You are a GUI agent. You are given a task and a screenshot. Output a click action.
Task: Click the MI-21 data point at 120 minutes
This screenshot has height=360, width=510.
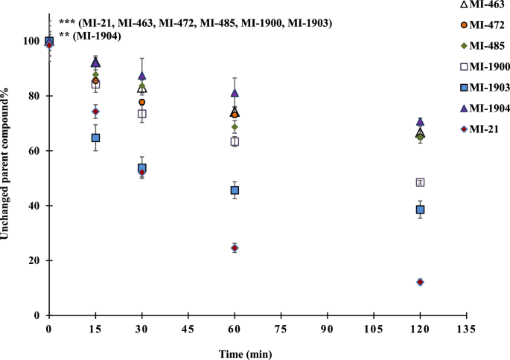[x=421, y=282]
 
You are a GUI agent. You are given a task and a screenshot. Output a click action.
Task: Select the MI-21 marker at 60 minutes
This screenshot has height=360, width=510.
[x=235, y=248]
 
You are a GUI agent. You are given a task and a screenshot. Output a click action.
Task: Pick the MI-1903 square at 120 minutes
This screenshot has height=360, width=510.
[x=421, y=210]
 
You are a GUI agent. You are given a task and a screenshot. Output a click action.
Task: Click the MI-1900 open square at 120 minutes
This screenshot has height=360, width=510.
[x=421, y=182]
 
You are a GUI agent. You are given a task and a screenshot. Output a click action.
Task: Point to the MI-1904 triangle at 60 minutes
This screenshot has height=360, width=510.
[x=235, y=93]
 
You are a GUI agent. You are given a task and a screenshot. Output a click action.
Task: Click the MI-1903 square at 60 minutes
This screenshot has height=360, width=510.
[x=235, y=190]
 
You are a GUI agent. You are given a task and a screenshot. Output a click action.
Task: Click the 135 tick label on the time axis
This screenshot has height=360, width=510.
[x=467, y=327]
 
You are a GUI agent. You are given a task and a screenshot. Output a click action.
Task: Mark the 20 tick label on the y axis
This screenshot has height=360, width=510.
[x=35, y=260]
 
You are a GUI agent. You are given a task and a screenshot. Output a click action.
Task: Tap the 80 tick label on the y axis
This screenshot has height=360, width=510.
[x=35, y=96]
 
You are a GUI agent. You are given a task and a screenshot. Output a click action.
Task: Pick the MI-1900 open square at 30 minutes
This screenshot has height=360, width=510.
[x=141, y=114]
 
